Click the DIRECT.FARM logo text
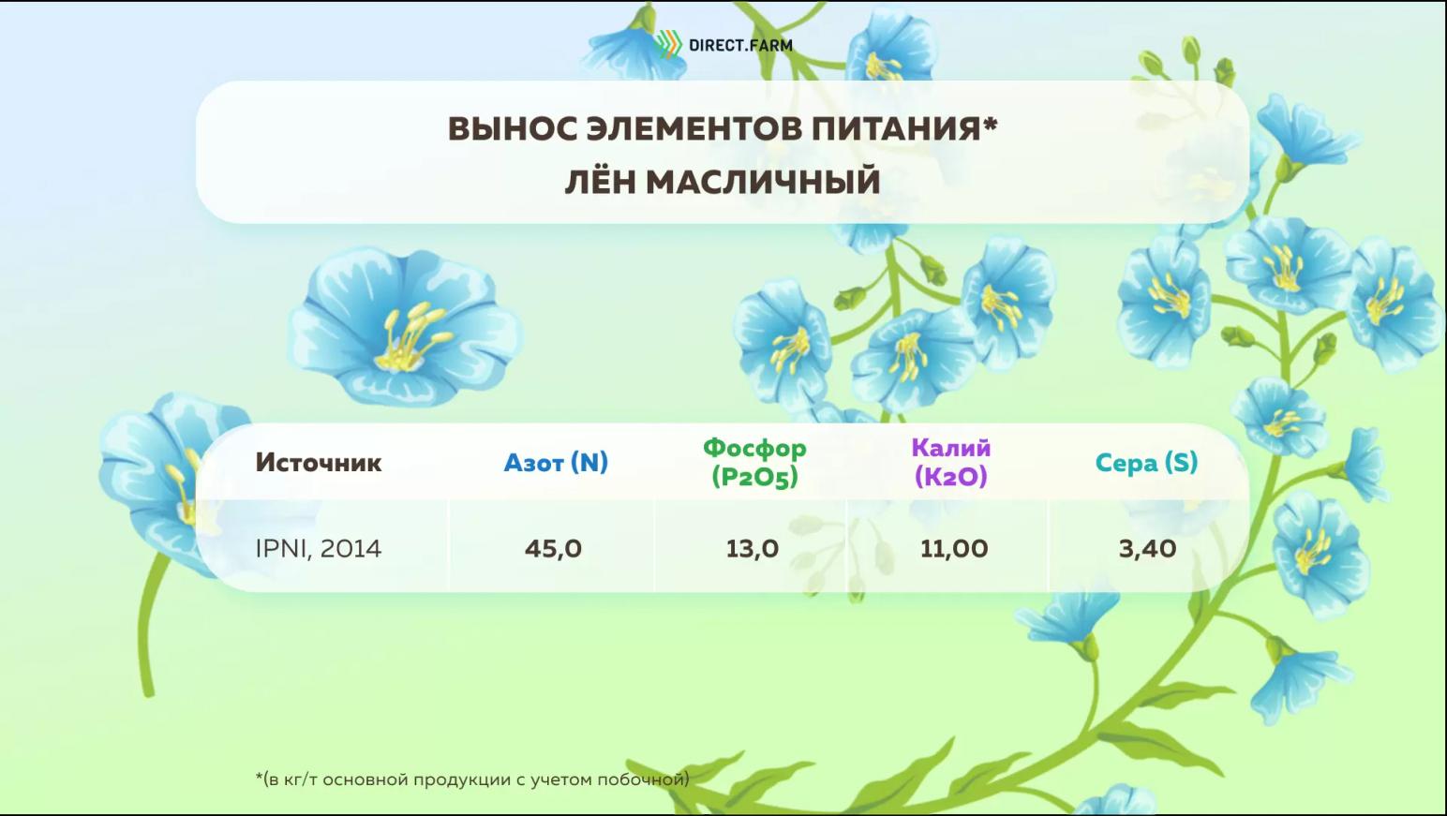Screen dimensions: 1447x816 pos(740,45)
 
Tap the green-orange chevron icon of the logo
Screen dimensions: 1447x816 pos(667,45)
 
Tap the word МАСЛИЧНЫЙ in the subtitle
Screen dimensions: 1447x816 pos(763,182)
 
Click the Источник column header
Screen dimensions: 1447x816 pos(319,462)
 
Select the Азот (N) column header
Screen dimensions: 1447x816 pos(556,462)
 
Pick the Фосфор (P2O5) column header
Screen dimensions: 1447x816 pos(754,462)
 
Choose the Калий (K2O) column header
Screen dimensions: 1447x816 pos(951,462)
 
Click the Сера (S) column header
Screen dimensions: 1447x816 pos(1146,462)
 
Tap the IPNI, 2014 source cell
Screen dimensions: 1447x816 pos(319,549)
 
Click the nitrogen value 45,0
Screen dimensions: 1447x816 pos(553,549)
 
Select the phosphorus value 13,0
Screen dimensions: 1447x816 pos(752,549)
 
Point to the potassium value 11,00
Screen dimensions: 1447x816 pos(954,549)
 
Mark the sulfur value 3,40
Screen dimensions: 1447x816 pos(1147,549)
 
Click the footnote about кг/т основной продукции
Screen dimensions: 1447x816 pos(473,779)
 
